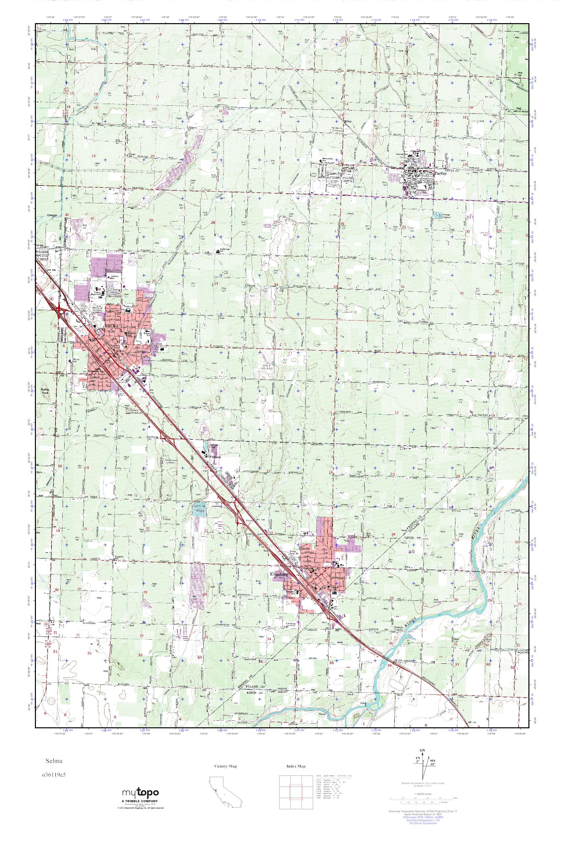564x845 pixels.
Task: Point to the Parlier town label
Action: click(440, 173)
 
